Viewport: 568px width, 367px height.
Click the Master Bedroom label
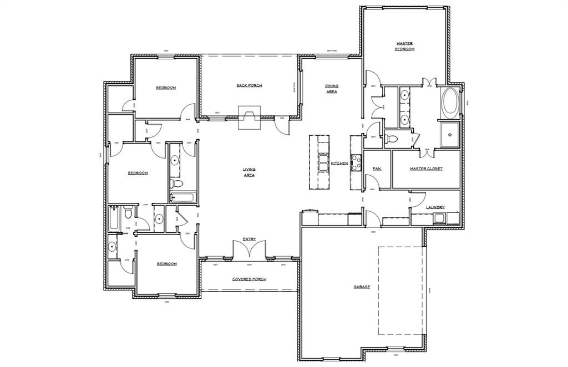point(404,46)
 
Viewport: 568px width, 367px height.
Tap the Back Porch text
point(249,85)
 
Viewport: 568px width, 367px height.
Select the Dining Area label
point(332,89)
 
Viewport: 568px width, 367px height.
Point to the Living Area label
point(248,172)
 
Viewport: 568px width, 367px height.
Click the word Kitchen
point(339,164)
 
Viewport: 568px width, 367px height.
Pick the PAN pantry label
point(377,169)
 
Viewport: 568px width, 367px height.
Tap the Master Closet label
point(426,169)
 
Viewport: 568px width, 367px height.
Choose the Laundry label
point(435,207)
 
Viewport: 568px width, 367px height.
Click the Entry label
point(249,239)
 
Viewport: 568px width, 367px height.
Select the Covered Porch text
point(249,279)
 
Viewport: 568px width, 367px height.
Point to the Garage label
point(362,287)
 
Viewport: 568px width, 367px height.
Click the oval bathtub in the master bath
point(449,103)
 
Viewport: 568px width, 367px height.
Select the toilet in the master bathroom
point(392,137)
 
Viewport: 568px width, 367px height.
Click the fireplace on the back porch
point(248,118)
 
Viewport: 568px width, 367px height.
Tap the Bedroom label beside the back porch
point(166,88)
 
